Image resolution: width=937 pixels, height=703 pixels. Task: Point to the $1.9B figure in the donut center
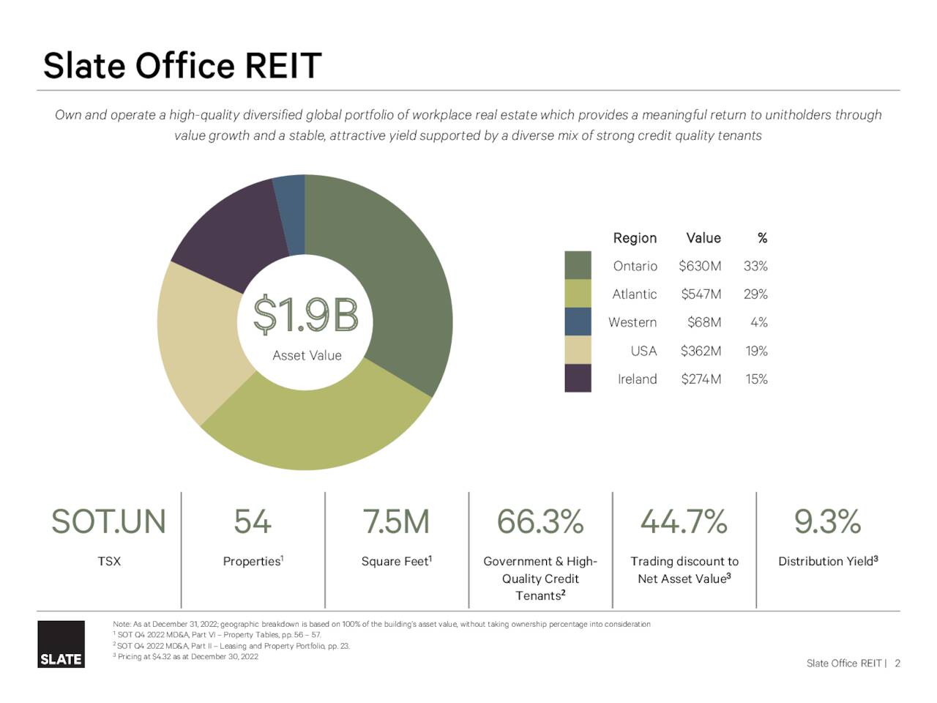click(306, 316)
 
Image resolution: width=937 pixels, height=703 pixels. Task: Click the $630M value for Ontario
click(699, 266)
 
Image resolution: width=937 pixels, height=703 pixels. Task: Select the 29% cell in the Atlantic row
click(755, 294)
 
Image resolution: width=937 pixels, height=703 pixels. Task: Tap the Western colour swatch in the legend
click(578, 322)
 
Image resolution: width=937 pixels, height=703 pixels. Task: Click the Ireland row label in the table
click(637, 379)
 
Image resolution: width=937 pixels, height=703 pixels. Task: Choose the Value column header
click(703, 238)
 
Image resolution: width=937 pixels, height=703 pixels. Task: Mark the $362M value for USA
click(701, 351)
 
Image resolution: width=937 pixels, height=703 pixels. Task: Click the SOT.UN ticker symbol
click(108, 522)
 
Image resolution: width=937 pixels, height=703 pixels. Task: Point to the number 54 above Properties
click(253, 522)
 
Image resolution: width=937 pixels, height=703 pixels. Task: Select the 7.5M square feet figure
click(396, 522)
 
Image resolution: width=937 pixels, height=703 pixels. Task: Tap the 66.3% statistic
click(540, 522)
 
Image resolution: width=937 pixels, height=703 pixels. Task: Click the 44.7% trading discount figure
click(684, 522)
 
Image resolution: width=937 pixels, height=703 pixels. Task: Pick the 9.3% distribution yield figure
click(827, 522)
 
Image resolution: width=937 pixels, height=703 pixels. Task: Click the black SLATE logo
click(61, 644)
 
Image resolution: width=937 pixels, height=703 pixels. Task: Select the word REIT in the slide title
click(283, 66)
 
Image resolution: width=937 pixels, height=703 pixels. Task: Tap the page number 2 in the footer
click(897, 663)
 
